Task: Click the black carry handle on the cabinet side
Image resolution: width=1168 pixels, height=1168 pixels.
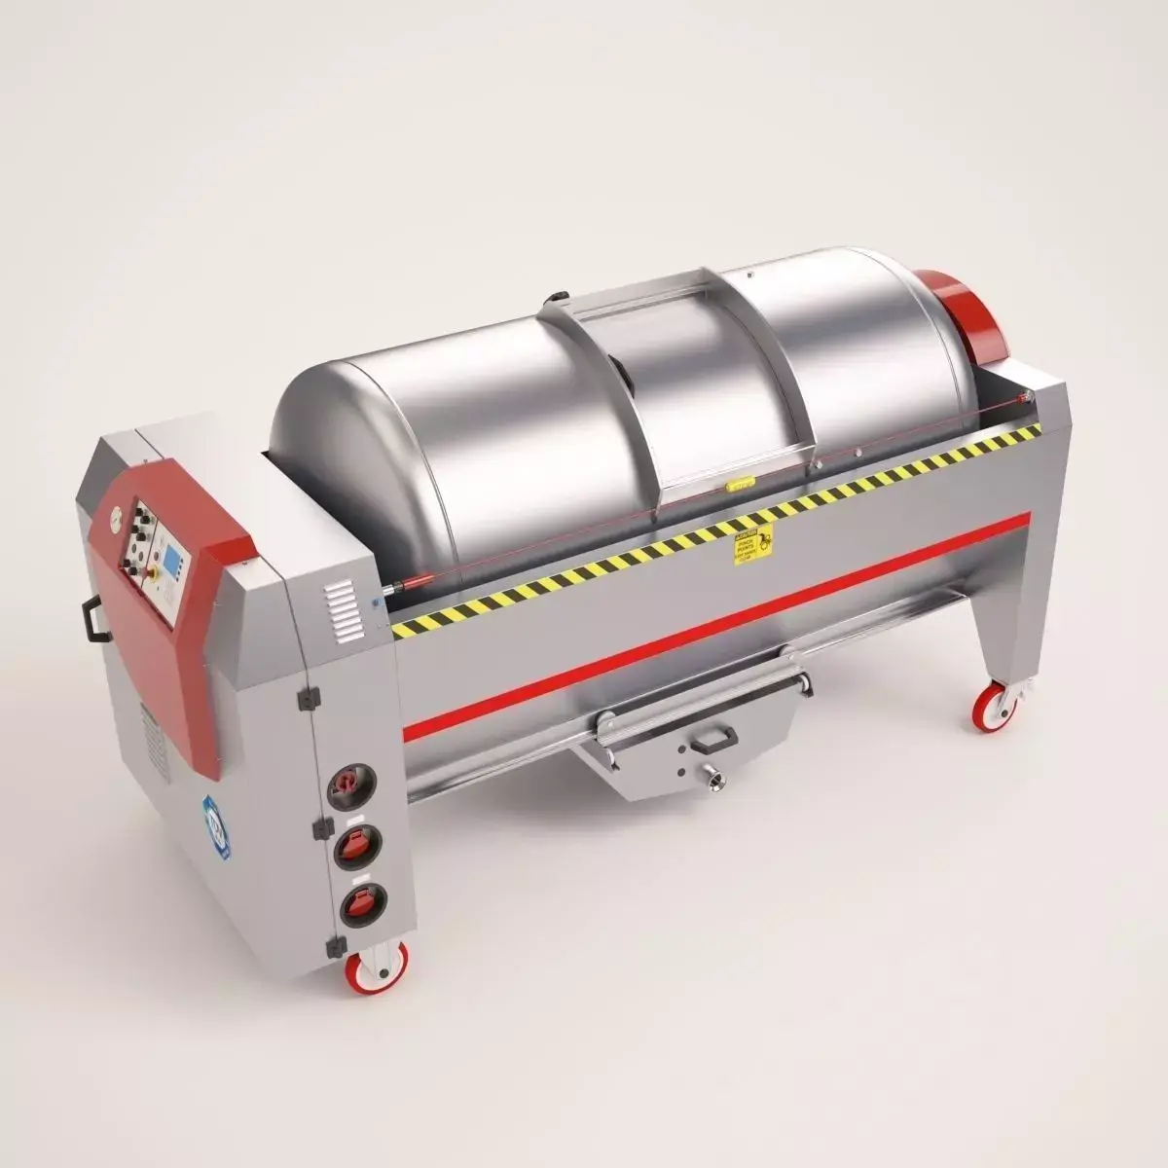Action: [94, 619]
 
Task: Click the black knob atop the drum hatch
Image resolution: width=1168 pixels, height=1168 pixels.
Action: [559, 298]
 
